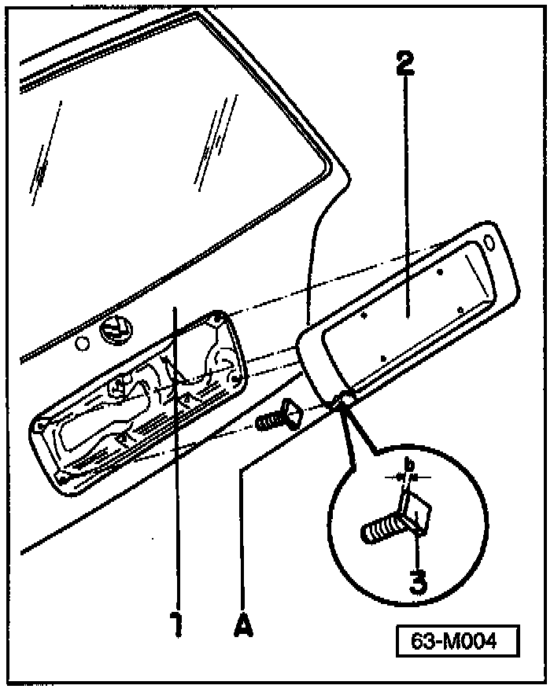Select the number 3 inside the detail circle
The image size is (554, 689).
coord(419,580)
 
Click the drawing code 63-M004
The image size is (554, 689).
coord(457,641)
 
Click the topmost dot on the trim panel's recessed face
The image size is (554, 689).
coord(440,271)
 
